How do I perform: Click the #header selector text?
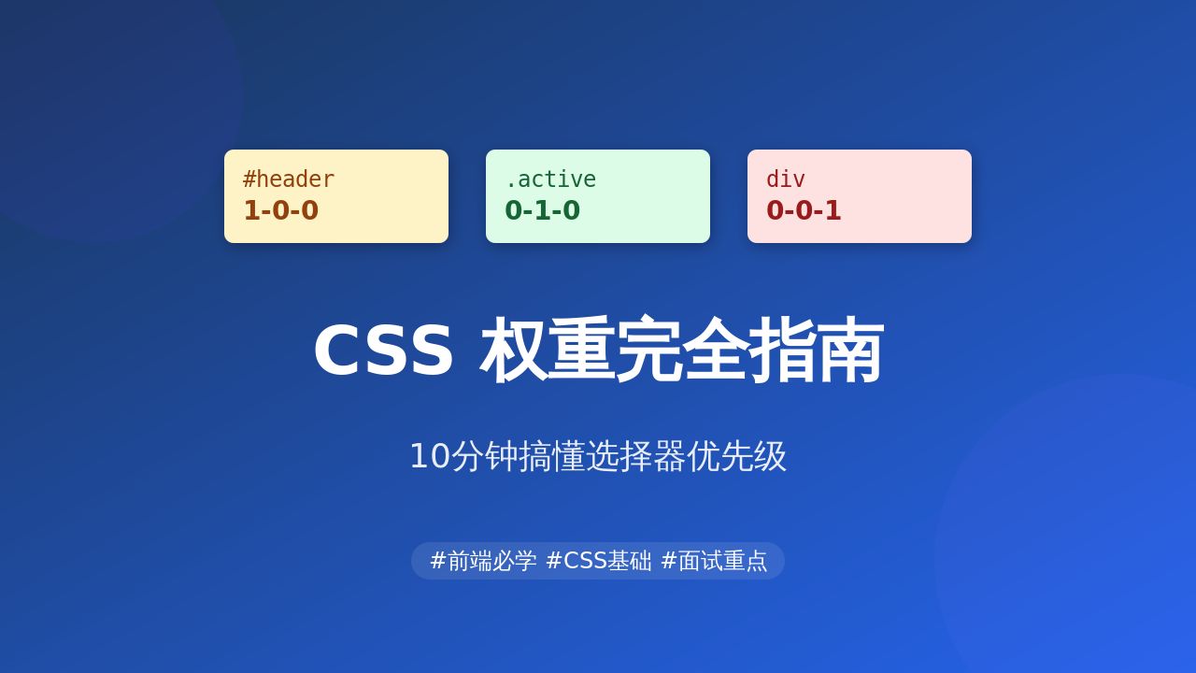[288, 179]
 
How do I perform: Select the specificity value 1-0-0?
[280, 210]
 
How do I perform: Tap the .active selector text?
[549, 179]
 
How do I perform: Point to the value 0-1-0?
[542, 210]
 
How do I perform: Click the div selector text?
[785, 179]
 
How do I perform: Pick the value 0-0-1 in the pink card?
[804, 210]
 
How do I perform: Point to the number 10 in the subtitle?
[430, 456]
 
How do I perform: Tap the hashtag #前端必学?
[483, 561]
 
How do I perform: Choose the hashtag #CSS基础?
[599, 561]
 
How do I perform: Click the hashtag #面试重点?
[714, 561]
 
